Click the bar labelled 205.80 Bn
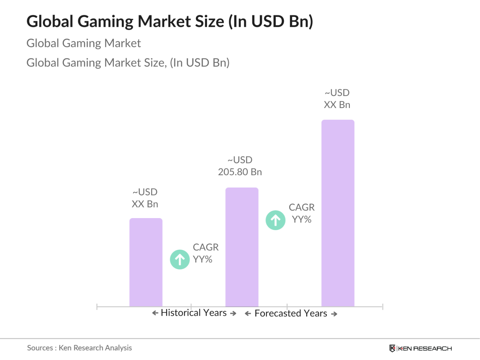pos(242,247)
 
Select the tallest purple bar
pos(338,213)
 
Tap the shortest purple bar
pos(146,262)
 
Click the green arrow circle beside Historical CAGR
pos(180,259)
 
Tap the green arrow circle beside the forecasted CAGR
pos(275,220)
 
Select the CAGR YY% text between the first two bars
pos(205,253)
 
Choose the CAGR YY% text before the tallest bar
pos(302,213)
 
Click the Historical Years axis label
pos(194,313)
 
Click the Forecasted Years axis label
pos(291,313)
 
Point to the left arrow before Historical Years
pos(155,313)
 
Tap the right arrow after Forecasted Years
pos(334,314)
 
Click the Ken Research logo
pos(421,348)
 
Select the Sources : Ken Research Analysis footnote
pos(79,348)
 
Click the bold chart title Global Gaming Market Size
pos(170,21)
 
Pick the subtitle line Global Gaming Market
pos(84,43)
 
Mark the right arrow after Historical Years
pos(233,313)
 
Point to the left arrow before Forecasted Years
pos(248,314)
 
